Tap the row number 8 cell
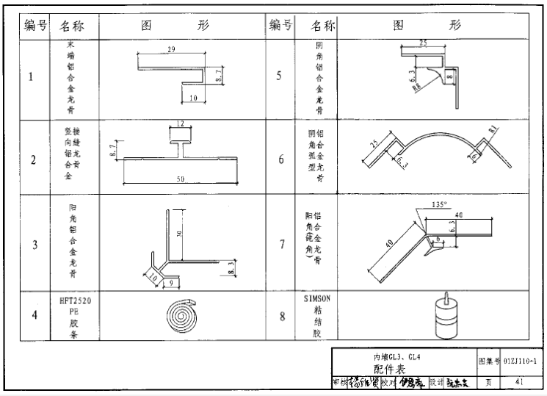click(282, 317)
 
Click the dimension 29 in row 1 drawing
click(171, 49)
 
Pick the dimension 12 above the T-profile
click(180, 123)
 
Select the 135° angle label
click(438, 206)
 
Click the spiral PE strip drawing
click(178, 316)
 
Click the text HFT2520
click(75, 301)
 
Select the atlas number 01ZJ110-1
click(520, 361)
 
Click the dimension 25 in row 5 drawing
click(424, 43)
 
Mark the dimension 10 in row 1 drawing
click(193, 97)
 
